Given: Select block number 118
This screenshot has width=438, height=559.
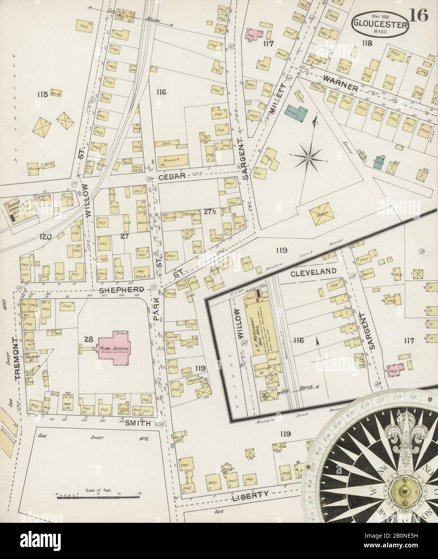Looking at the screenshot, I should (367, 43).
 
